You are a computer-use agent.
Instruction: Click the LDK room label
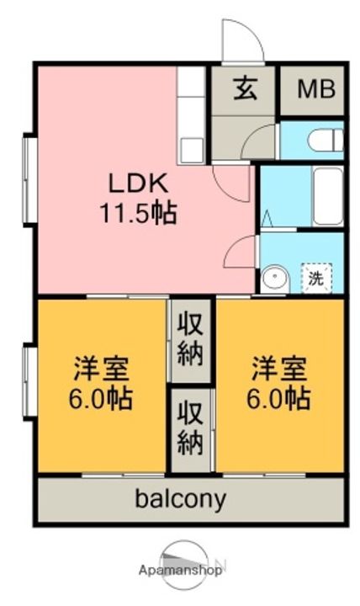[x=138, y=183]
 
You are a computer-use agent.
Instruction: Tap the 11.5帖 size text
[x=138, y=212]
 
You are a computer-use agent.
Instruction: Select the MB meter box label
[x=316, y=90]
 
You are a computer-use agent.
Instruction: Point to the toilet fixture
[x=326, y=140]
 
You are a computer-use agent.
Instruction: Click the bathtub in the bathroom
[x=328, y=196]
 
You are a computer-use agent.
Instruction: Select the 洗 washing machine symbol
[x=316, y=278]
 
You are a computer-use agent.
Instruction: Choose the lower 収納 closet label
[x=190, y=428]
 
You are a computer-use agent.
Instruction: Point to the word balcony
[x=180, y=499]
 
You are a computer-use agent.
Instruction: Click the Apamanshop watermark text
[x=180, y=570]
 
